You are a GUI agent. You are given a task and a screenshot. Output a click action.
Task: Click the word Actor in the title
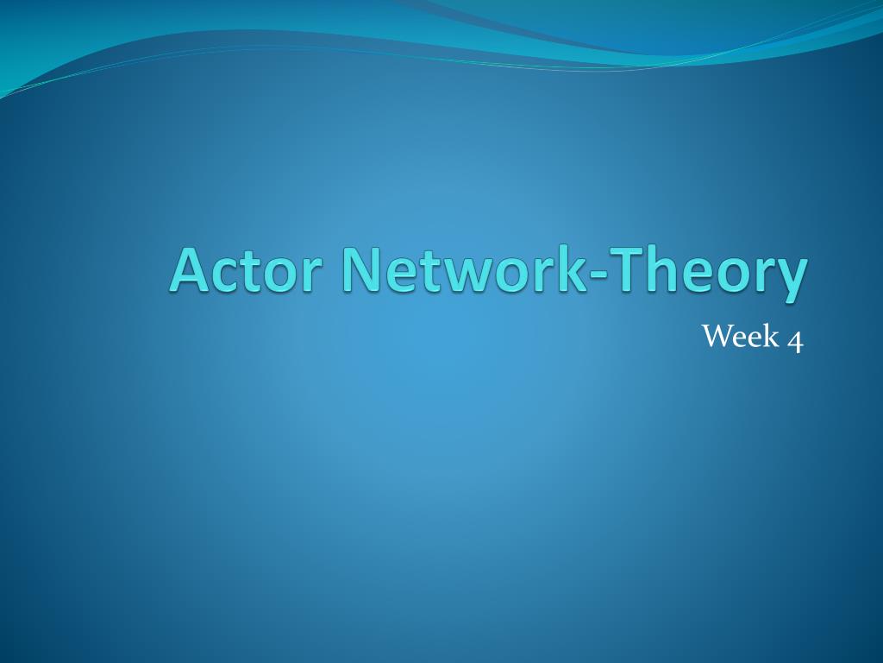(246, 269)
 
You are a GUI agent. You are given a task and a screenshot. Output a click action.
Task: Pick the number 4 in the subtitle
(795, 340)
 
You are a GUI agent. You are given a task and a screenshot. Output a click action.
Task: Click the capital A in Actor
(191, 269)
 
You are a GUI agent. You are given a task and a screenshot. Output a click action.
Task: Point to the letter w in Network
(463, 275)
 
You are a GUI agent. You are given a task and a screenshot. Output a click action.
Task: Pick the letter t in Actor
(257, 272)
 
